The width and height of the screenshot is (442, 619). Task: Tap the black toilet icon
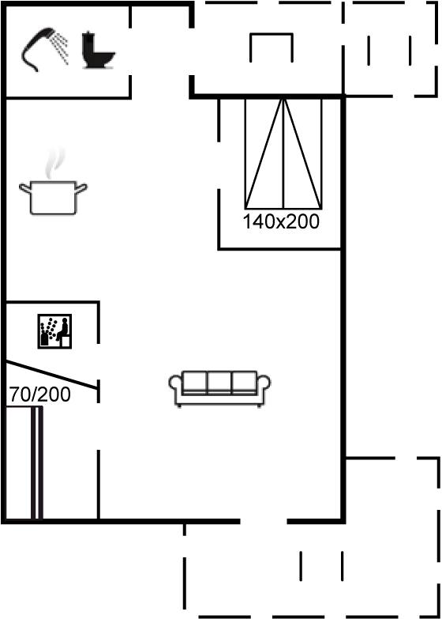pyautogui.click(x=97, y=50)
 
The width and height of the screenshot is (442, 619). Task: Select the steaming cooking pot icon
pyautogui.click(x=53, y=182)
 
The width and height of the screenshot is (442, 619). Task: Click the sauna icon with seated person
pyautogui.click(x=54, y=331)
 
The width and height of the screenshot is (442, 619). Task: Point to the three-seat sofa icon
pyautogui.click(x=219, y=388)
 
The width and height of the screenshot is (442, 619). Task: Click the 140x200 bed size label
pyautogui.click(x=281, y=222)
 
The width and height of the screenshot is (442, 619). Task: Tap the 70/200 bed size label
pyautogui.click(x=40, y=394)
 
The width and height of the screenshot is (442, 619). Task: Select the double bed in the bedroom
pyautogui.click(x=283, y=153)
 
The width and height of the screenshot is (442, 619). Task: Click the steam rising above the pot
pyautogui.click(x=54, y=164)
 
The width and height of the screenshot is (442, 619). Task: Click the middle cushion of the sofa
pyautogui.click(x=219, y=382)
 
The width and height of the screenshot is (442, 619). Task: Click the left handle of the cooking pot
pyautogui.click(x=24, y=188)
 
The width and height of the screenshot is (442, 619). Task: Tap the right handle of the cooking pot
pyautogui.click(x=81, y=188)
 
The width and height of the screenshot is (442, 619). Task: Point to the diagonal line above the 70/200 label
pyautogui.click(x=51, y=375)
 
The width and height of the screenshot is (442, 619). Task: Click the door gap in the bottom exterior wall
pyautogui.click(x=264, y=522)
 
